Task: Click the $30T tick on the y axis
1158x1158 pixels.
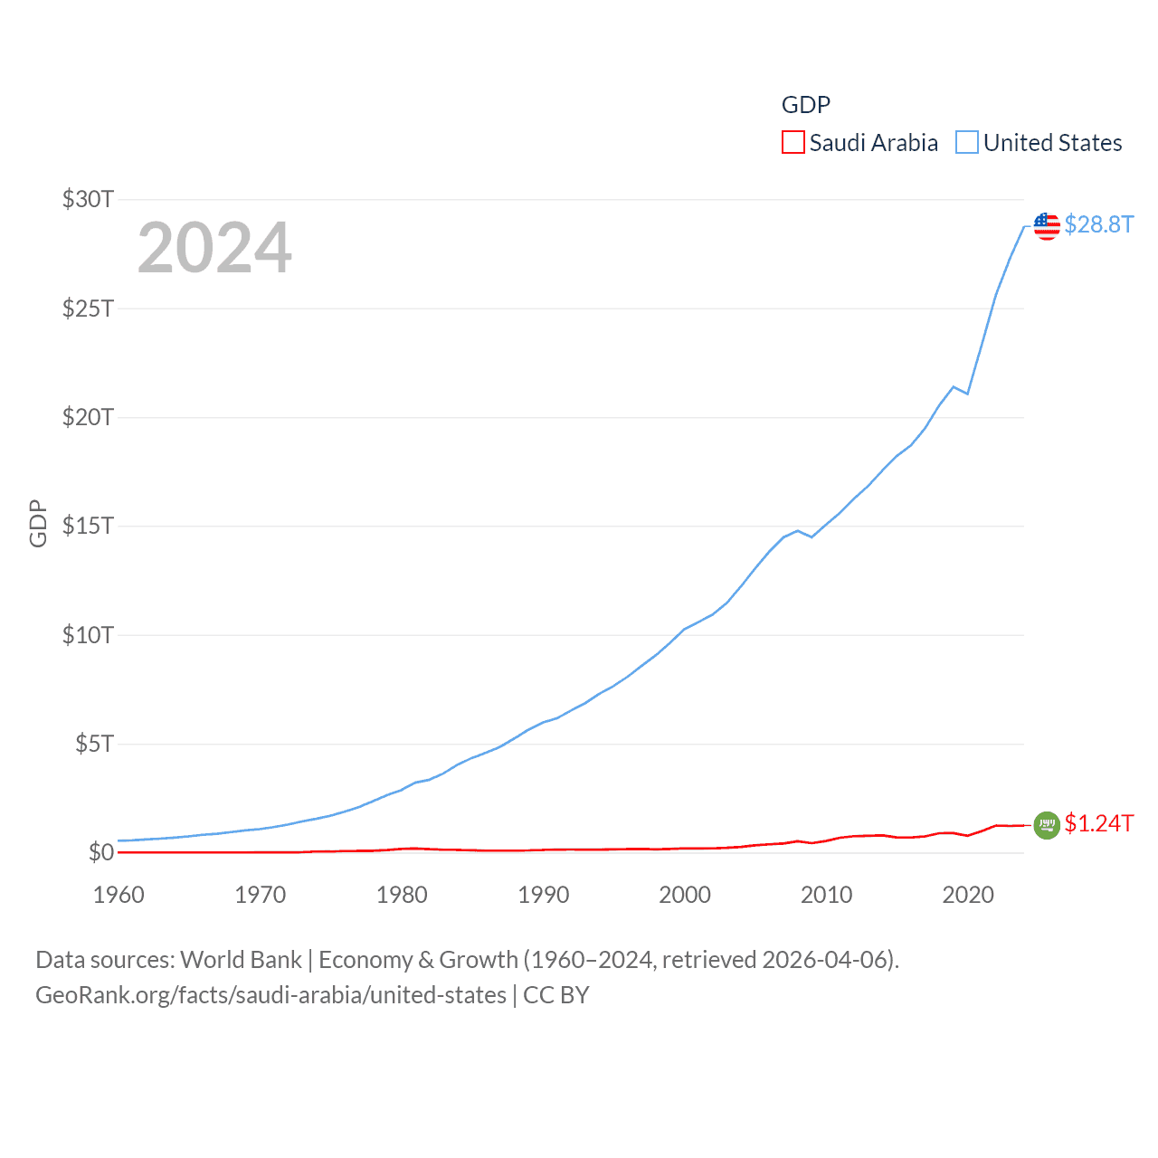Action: coord(88,199)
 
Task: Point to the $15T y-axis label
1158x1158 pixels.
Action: coord(88,526)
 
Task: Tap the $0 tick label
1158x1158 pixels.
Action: coord(100,852)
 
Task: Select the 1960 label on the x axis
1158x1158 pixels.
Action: coord(119,895)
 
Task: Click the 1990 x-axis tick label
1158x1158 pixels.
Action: coord(543,895)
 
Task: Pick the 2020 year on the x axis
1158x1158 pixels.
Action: coord(967,895)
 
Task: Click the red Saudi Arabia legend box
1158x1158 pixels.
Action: coord(793,143)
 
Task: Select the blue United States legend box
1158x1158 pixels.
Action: coord(966,143)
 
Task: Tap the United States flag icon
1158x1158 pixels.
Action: coord(1047,225)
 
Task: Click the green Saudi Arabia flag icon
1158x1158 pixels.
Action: coord(1047,824)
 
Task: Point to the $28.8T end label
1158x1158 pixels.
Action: coord(1098,224)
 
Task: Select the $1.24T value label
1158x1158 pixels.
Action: coord(1098,823)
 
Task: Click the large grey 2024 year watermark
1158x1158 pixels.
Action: coord(214,248)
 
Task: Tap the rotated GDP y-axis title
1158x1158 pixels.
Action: coord(38,523)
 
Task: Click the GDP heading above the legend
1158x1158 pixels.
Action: coord(805,105)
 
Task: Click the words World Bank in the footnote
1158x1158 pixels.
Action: coord(241,960)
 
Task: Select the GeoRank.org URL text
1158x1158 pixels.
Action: coord(271,995)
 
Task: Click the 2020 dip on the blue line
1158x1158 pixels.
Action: coord(967,394)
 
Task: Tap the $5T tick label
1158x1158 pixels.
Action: coord(94,744)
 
